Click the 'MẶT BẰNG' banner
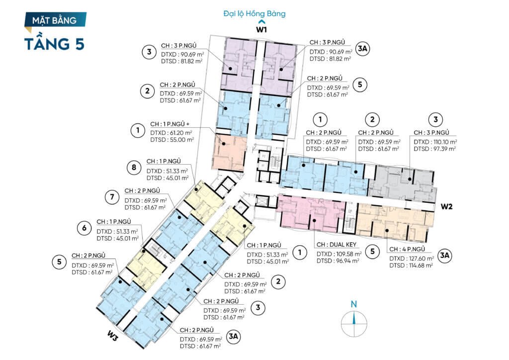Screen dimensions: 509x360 point(55,20)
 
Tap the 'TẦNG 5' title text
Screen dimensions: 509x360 point(55,43)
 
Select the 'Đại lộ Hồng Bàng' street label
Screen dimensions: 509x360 point(254,13)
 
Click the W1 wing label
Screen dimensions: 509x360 point(261,29)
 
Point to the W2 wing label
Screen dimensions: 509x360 point(446,206)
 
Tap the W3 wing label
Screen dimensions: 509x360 point(113,337)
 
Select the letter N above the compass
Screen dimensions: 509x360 point(354,304)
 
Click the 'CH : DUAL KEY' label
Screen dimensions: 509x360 point(337,245)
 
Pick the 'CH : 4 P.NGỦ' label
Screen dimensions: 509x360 point(407,249)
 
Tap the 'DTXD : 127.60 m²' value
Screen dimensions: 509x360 point(412,259)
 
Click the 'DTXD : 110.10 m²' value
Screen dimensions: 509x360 point(435,142)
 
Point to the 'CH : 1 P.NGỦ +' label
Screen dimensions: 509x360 point(170,124)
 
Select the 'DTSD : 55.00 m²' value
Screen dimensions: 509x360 point(172,140)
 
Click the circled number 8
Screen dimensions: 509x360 point(134,168)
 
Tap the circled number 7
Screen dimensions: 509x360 point(112,197)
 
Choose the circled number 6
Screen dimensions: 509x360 point(84,228)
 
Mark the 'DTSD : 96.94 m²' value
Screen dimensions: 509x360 point(338,261)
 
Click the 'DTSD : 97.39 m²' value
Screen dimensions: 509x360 point(434,149)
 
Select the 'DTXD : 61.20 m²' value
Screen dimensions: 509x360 point(171,133)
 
